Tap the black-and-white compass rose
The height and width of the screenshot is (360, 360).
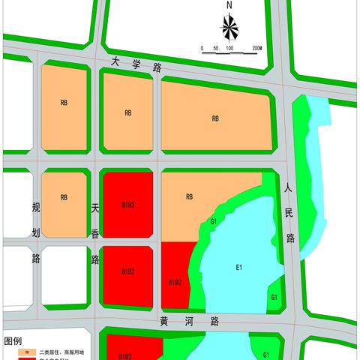[230, 29]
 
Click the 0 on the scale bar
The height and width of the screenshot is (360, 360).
[202, 47]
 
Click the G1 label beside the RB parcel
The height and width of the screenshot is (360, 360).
[214, 222]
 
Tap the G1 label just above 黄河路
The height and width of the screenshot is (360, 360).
[275, 298]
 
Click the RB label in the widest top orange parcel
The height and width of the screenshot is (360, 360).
[215, 118]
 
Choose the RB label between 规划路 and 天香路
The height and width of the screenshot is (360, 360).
[64, 198]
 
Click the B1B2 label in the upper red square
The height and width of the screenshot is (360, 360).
[127, 204]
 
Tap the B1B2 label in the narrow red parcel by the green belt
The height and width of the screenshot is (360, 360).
[175, 282]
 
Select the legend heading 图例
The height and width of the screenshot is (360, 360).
[13, 341]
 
